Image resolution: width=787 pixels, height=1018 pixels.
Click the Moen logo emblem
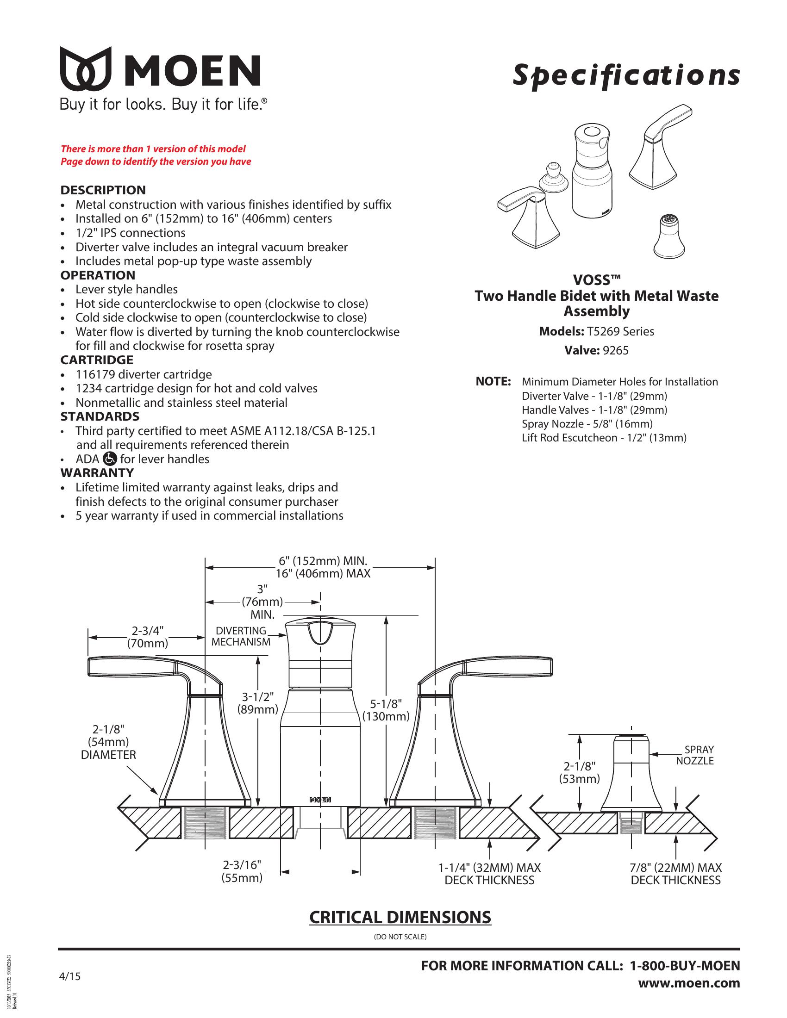[x=86, y=68]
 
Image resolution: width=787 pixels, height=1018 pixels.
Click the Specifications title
[x=626, y=76]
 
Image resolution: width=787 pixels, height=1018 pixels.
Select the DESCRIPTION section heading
[x=103, y=190]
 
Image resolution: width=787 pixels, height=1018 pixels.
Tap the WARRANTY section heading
[x=97, y=472]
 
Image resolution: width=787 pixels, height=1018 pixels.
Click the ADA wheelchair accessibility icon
[x=110, y=459]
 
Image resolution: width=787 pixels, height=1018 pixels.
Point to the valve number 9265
[x=615, y=351]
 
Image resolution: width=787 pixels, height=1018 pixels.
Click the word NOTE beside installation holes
[x=493, y=381]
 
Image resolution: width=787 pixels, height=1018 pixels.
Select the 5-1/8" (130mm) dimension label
[x=386, y=710]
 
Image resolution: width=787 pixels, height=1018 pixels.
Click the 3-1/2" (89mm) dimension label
[x=257, y=703]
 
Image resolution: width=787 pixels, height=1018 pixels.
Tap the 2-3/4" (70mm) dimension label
[x=147, y=637]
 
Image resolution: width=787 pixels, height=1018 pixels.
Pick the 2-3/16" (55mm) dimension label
[x=242, y=871]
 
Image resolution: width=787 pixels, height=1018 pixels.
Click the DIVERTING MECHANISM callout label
[x=241, y=636]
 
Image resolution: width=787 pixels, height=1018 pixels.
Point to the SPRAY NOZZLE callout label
[x=695, y=755]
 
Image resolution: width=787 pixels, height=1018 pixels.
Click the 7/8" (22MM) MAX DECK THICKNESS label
[x=675, y=874]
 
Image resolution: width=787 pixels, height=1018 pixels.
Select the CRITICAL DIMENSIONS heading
[x=400, y=917]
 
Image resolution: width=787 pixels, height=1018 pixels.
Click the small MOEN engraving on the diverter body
[x=320, y=800]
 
